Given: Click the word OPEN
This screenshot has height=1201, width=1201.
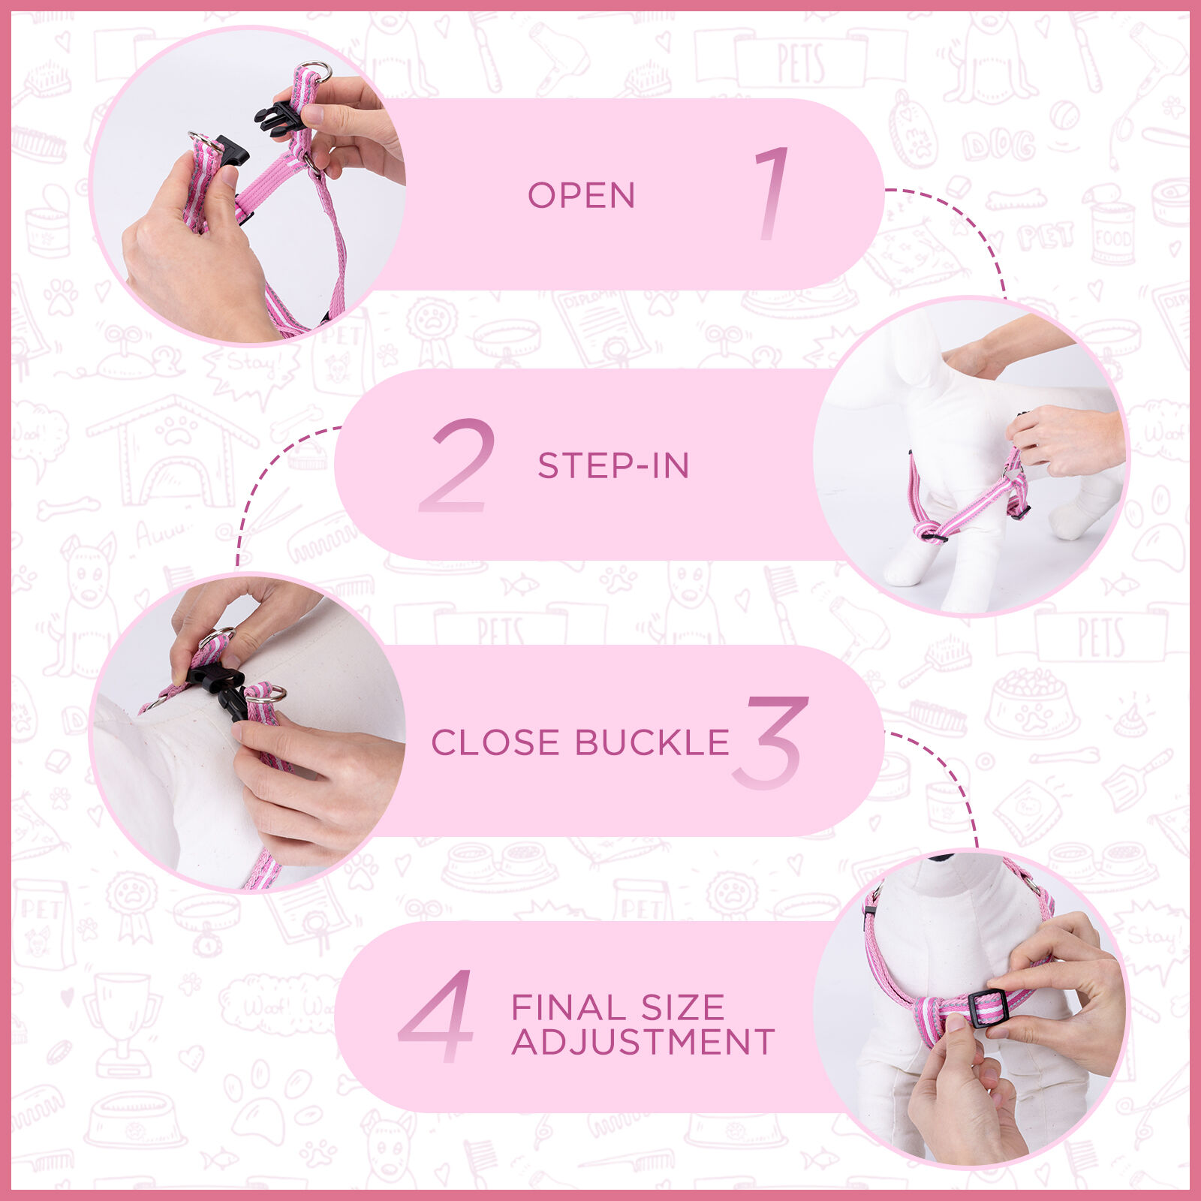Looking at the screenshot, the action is point(581,195).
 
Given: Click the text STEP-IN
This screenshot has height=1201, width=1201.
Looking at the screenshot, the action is point(613,465).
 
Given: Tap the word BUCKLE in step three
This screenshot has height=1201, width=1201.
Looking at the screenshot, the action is point(652,742).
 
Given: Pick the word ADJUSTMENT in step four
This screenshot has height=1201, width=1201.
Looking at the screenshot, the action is point(643,1042).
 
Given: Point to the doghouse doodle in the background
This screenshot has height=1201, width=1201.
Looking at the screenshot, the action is point(173,450).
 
